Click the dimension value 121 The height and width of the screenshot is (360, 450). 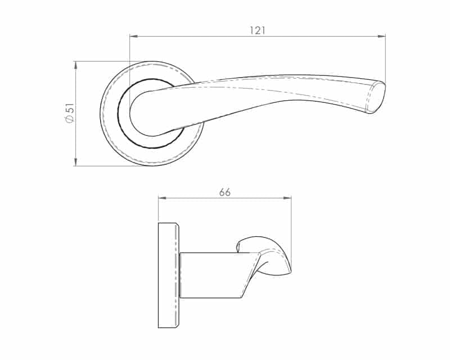coord(258,30)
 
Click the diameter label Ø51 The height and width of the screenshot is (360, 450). coord(69,113)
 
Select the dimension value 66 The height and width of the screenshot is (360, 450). coord(225,192)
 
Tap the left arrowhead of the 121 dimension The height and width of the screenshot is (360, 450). coord(133,37)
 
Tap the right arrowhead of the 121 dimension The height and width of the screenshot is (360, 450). coord(382,37)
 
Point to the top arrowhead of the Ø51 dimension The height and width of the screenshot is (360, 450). coord(75,64)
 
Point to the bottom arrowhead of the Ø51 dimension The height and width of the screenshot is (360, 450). coord(75,163)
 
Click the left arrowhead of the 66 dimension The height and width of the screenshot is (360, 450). coord(161,198)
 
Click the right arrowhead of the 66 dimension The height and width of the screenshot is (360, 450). coord(288,198)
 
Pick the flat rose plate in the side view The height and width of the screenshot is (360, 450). coord(168,275)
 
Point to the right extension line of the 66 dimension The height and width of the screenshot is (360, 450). coord(291,231)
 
